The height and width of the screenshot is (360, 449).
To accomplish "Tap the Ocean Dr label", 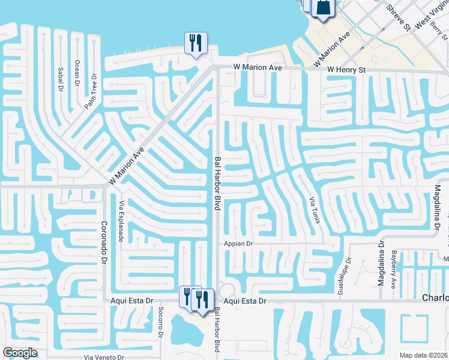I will tap(77, 71).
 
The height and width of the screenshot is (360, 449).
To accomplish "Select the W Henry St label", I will tap(346, 70).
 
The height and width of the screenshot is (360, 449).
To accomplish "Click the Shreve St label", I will tap(398, 18).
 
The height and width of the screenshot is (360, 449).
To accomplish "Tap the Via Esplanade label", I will tap(121, 221).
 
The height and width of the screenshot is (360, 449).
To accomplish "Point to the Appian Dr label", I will tap(239, 244).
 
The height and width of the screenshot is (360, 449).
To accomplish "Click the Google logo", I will tap(20, 353).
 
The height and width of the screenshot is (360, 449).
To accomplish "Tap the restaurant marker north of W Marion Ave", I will tap(196, 43).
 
